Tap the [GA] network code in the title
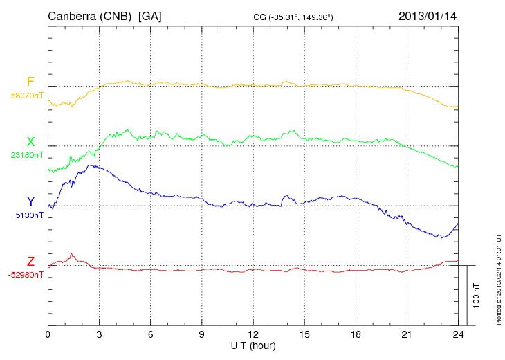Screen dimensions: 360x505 pos(150,15)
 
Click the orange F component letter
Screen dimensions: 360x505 pos(30,82)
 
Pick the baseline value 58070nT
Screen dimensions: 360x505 pos(27,96)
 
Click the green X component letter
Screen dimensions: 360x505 pos(30,142)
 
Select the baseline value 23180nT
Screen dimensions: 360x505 pos(27,155)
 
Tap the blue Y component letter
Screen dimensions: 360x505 pos(30,201)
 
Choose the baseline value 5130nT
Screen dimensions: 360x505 pos(29,215)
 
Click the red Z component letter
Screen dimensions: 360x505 pos(30,262)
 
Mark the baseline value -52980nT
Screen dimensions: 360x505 pos(26,275)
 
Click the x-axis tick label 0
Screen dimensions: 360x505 pos(48,335)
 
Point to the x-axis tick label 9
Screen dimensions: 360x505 pos(201,335)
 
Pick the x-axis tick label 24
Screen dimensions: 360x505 pos(457,335)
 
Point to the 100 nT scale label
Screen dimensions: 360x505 pos(477,295)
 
